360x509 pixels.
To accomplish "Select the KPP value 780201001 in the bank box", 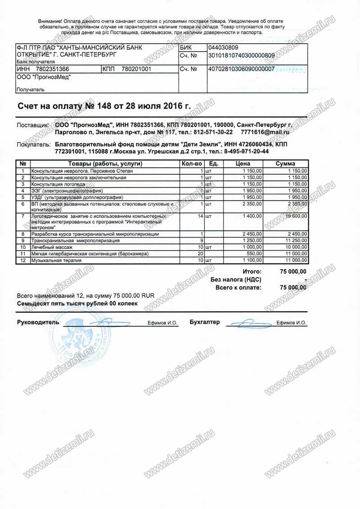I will pos(135,69).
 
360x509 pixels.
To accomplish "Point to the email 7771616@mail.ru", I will pos(265,132).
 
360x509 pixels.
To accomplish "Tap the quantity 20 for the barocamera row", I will pos(199,254).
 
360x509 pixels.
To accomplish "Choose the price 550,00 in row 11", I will pos(252,254).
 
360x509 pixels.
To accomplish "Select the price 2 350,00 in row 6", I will pos(251,204).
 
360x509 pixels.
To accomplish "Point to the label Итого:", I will pos(252,271).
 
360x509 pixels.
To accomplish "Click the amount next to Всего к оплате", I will pos(293,287).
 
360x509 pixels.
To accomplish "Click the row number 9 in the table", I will pos(22,241).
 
